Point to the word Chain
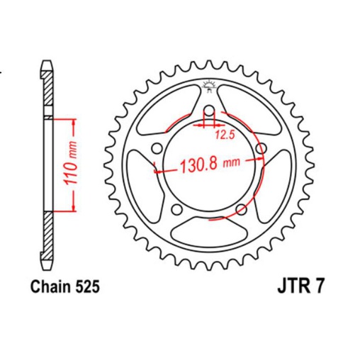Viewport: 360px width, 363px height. tap(50, 287)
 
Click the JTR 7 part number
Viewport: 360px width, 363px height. tap(296, 288)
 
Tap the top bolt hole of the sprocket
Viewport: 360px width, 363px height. tap(208, 111)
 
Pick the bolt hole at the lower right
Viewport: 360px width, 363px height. tap(242, 209)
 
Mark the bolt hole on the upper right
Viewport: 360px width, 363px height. tap(261, 148)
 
